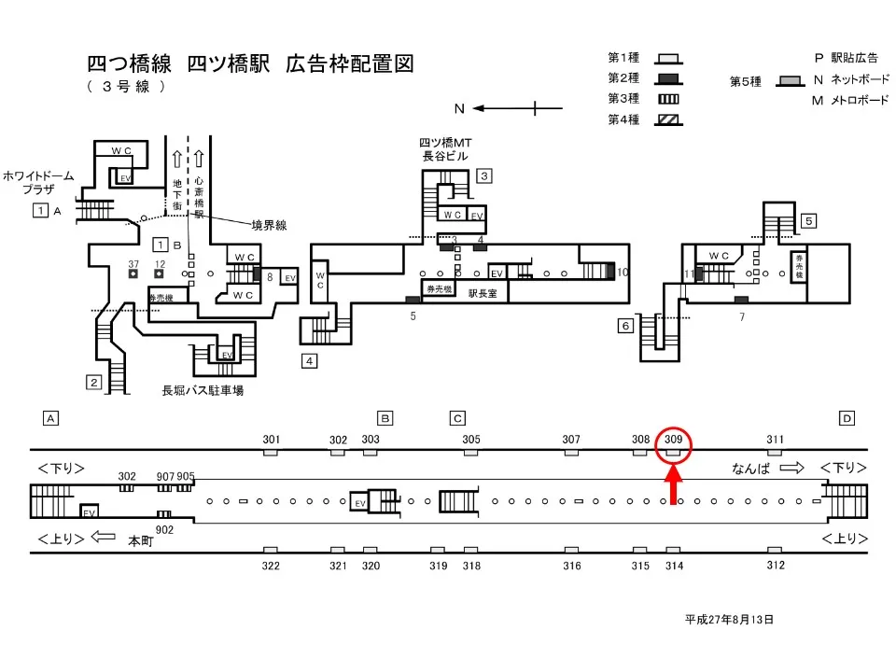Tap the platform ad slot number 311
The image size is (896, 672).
(776, 439)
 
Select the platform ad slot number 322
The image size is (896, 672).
(271, 566)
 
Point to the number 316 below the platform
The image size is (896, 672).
(572, 566)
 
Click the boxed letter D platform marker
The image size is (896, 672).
(846, 418)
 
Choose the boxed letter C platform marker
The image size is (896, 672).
(457, 418)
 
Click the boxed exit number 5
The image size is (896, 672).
(809, 221)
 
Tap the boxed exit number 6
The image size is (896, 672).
(625, 326)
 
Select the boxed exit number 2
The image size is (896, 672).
(93, 381)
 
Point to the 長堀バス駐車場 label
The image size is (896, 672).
(203, 390)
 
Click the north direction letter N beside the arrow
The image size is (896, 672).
(458, 108)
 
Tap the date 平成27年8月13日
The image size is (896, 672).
(729, 619)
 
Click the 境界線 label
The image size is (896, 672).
(269, 224)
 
